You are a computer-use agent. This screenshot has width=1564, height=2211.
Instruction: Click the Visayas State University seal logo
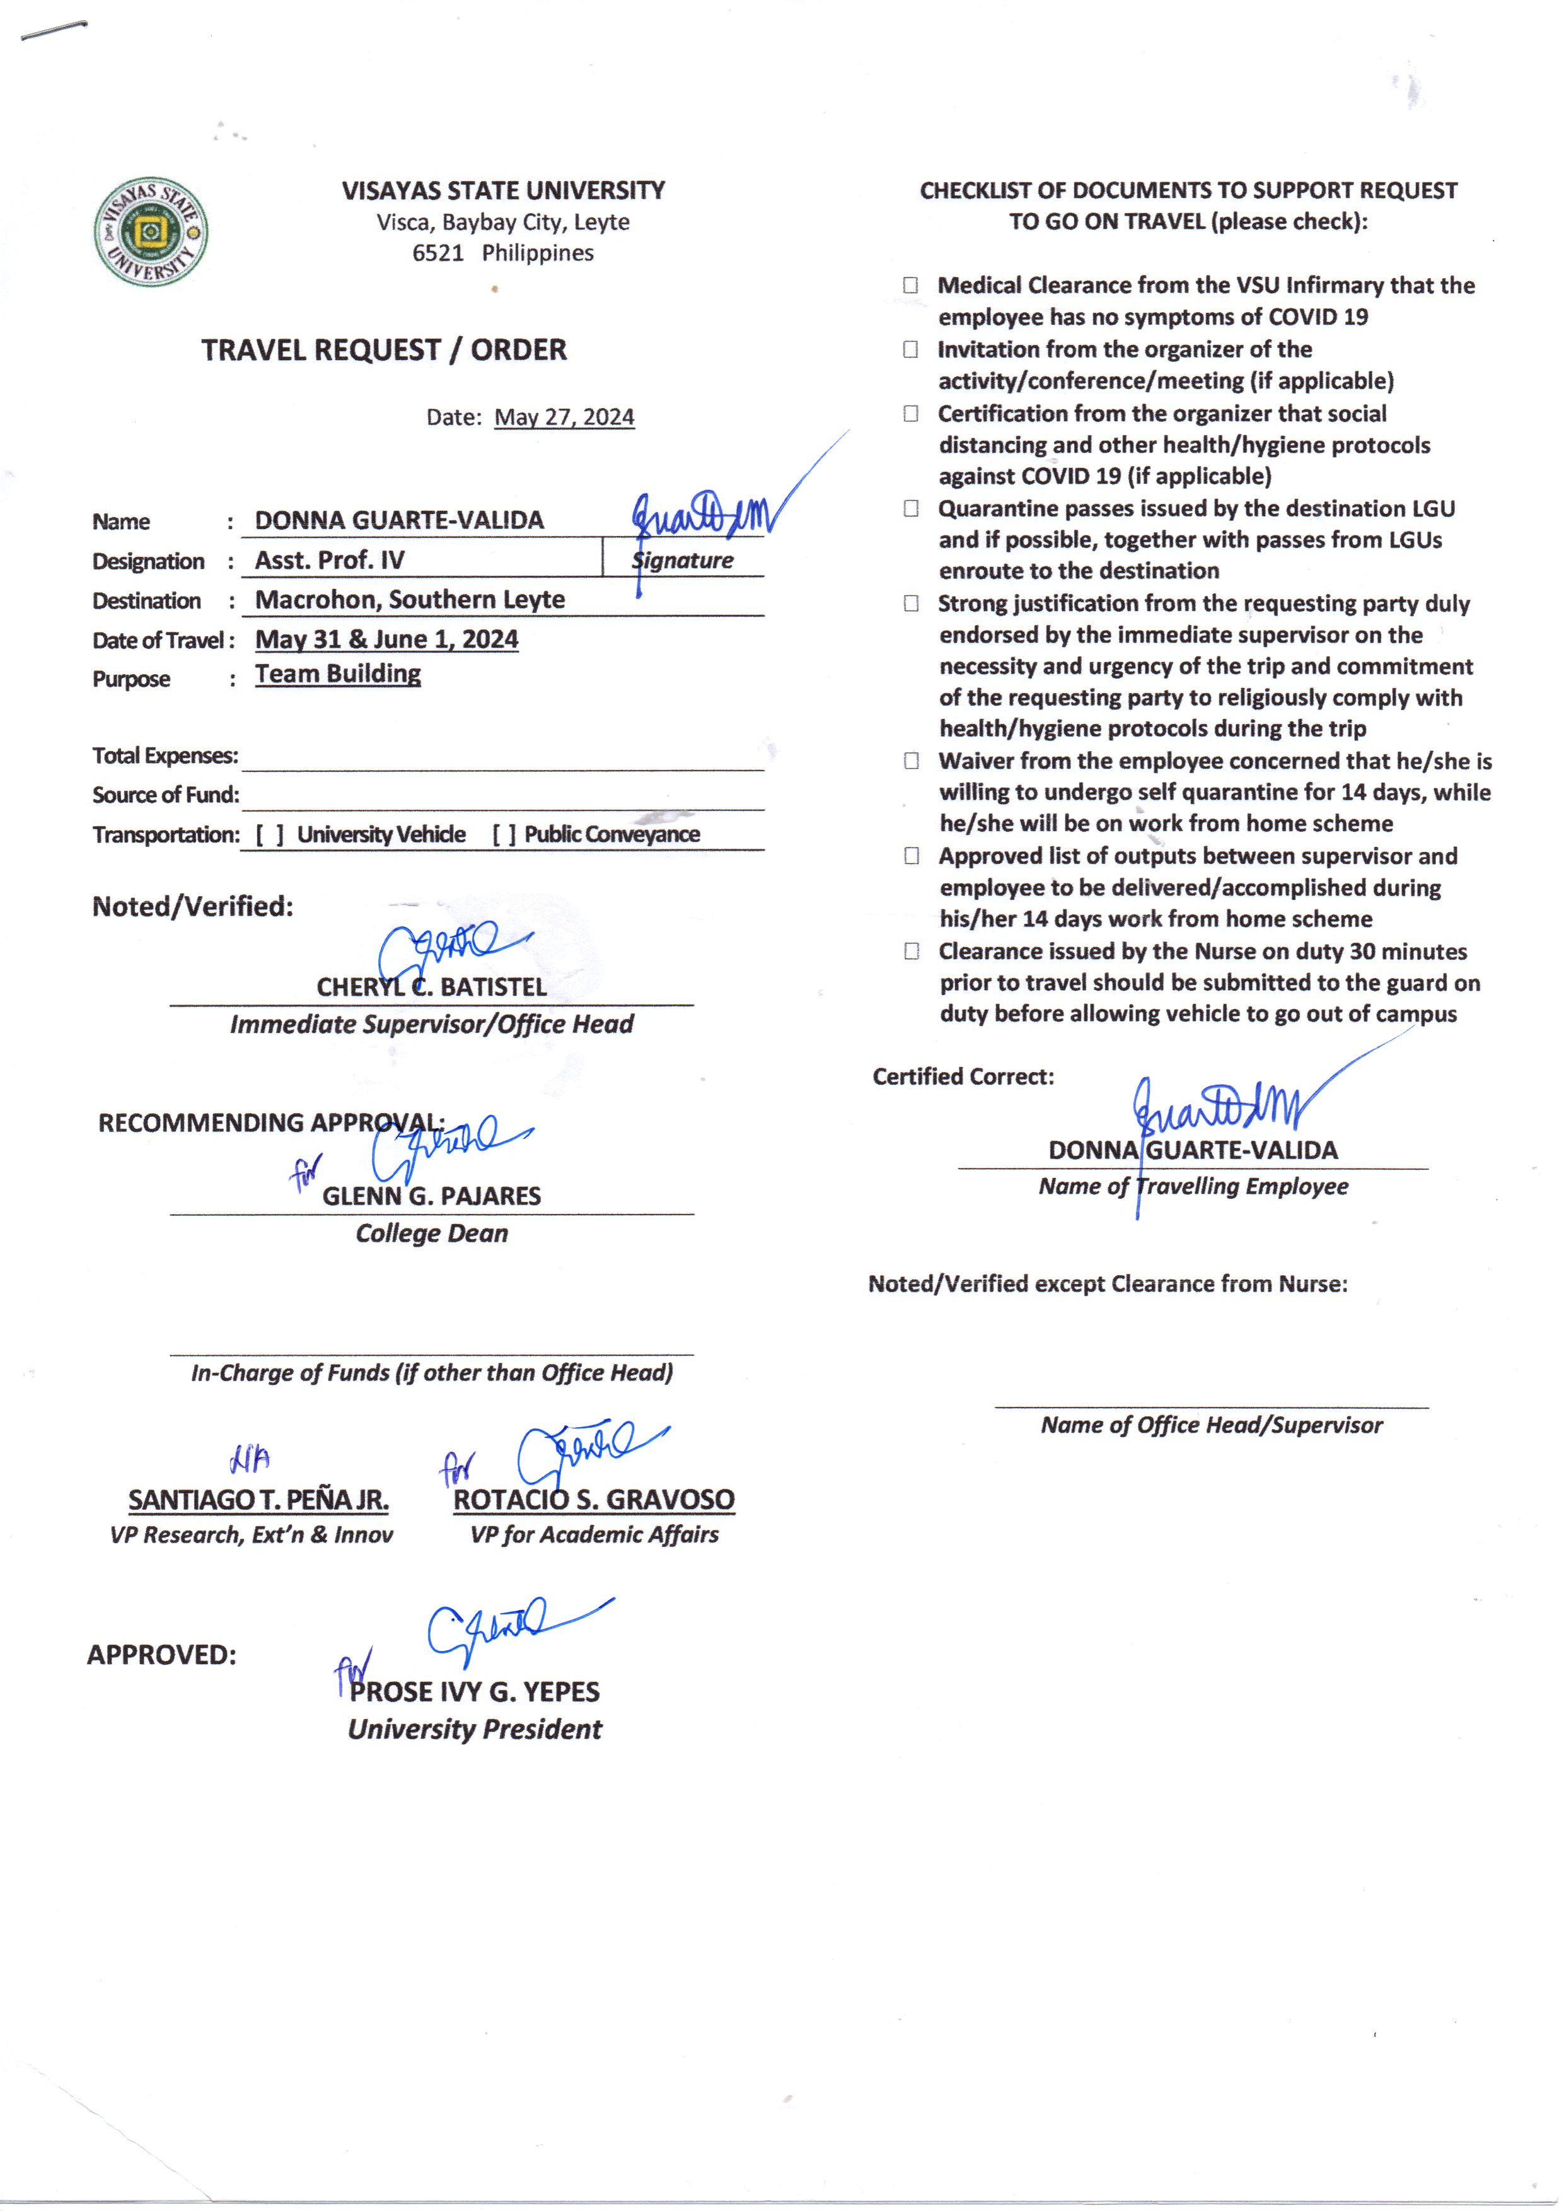click(x=150, y=232)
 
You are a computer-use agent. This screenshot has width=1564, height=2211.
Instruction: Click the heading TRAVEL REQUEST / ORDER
click(x=383, y=350)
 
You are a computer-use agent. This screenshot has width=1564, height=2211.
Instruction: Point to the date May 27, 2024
click(x=564, y=417)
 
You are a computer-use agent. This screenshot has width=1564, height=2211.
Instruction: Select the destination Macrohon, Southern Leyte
click(x=409, y=599)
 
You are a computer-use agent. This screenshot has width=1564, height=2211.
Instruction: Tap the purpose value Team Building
click(x=337, y=674)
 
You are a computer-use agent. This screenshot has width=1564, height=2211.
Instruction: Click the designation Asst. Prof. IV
click(x=329, y=560)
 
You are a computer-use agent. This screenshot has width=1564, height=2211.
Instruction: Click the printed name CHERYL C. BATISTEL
click(x=431, y=986)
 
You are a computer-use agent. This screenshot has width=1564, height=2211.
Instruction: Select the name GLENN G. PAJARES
click(x=431, y=1196)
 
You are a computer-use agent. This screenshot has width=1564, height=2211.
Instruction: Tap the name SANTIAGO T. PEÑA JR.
click(x=258, y=1499)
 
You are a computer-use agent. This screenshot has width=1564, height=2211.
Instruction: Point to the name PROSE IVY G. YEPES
click(x=474, y=1692)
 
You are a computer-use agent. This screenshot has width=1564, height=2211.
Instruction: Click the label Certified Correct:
click(x=962, y=1076)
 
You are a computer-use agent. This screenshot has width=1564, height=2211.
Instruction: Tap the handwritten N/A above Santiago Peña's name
click(x=250, y=1459)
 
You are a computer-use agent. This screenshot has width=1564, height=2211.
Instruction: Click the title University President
click(x=474, y=1729)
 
